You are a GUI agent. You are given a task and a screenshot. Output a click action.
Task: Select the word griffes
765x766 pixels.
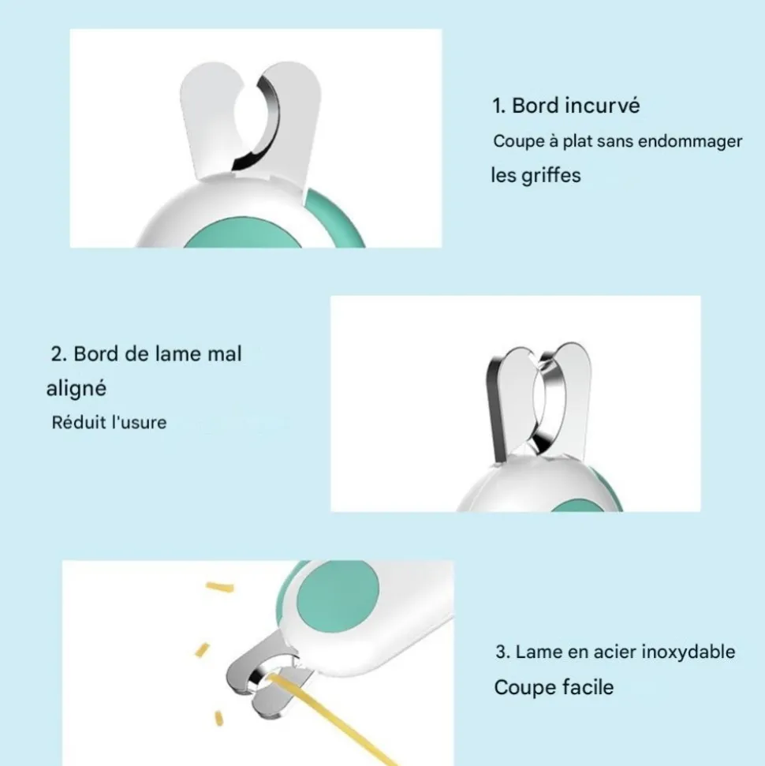[x=551, y=175]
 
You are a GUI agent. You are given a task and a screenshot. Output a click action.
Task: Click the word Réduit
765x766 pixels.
[x=79, y=423]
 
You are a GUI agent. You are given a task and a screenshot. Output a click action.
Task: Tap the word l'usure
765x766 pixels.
[x=140, y=423]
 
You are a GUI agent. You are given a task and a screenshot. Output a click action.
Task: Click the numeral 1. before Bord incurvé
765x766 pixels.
[x=498, y=106]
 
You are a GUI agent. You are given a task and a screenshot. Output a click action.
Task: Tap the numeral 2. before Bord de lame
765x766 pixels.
[x=58, y=354]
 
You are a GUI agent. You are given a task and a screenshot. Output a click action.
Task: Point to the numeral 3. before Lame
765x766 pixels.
[x=502, y=652]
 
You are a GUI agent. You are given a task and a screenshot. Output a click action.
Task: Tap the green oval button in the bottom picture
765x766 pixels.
[x=338, y=596]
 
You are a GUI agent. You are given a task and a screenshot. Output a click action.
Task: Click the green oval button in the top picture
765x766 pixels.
[x=243, y=234]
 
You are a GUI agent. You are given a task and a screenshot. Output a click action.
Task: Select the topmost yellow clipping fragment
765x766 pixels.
[x=220, y=586]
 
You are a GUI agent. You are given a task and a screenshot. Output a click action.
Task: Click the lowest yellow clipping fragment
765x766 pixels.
[x=219, y=719]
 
